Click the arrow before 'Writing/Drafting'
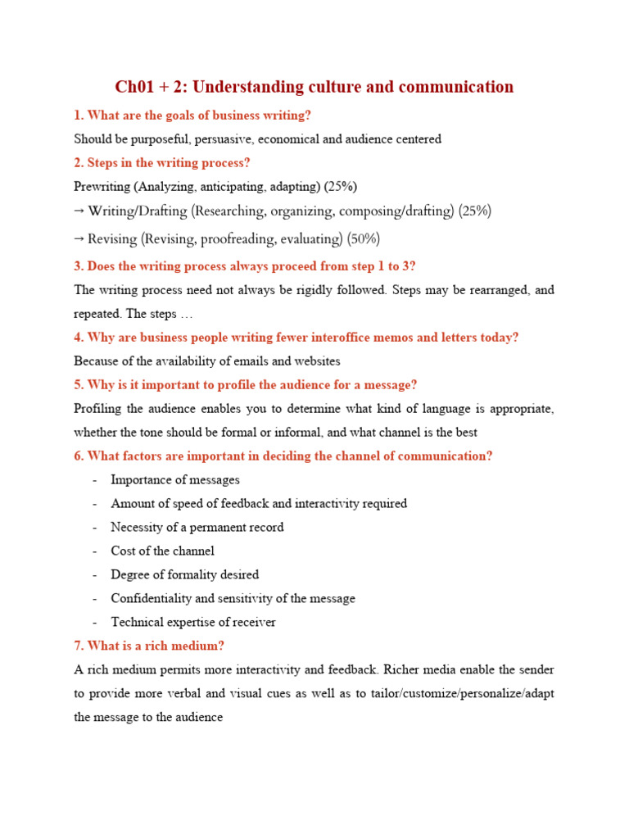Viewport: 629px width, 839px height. point(79,211)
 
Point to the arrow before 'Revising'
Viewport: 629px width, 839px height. point(79,239)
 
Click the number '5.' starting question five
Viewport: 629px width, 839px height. point(79,385)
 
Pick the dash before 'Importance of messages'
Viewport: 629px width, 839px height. point(96,480)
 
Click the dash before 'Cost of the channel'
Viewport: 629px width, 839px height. point(96,551)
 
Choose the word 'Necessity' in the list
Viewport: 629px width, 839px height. point(138,527)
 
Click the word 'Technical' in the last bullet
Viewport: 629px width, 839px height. point(137,622)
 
